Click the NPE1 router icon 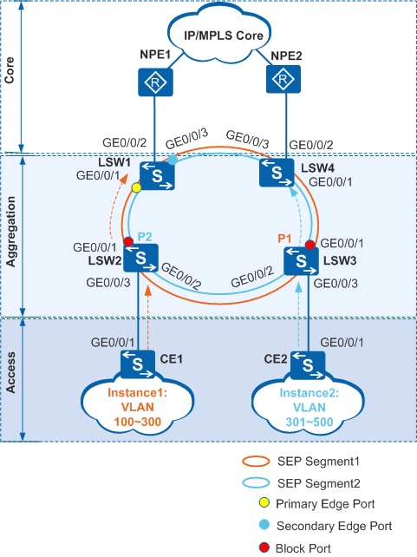click(x=155, y=82)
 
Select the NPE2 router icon click(x=283, y=79)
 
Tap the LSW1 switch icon click(x=157, y=176)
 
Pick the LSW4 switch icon click(x=277, y=173)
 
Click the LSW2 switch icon click(x=141, y=258)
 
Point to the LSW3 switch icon click(x=302, y=261)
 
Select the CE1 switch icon click(x=138, y=364)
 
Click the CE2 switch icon click(x=308, y=365)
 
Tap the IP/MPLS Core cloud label click(x=224, y=36)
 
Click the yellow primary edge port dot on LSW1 click(x=136, y=187)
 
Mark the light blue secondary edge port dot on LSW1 click(x=173, y=161)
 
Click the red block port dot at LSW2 click(x=128, y=242)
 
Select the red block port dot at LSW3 click(x=310, y=245)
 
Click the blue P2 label click(x=145, y=237)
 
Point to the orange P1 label click(x=284, y=239)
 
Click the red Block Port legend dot click(x=264, y=547)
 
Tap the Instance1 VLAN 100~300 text click(x=138, y=407)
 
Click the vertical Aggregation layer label click(x=11, y=232)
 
